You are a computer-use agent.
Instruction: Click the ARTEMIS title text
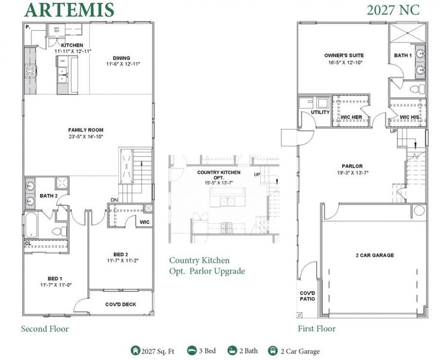pyautogui.click(x=69, y=10)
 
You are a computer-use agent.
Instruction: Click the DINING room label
pyautogui.click(x=122, y=58)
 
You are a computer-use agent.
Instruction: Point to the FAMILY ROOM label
pyautogui.click(x=86, y=130)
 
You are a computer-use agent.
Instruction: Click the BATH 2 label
pyautogui.click(x=48, y=196)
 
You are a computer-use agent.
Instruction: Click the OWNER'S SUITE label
pyautogui.click(x=344, y=56)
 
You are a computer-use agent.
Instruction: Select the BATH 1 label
pyautogui.click(x=403, y=56)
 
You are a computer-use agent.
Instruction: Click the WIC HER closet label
pyautogui.click(x=352, y=116)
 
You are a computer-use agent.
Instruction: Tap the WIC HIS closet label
pyautogui.click(x=409, y=116)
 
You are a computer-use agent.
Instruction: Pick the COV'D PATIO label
pyautogui.click(x=307, y=296)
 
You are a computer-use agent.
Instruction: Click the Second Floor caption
pyautogui.click(x=45, y=329)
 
